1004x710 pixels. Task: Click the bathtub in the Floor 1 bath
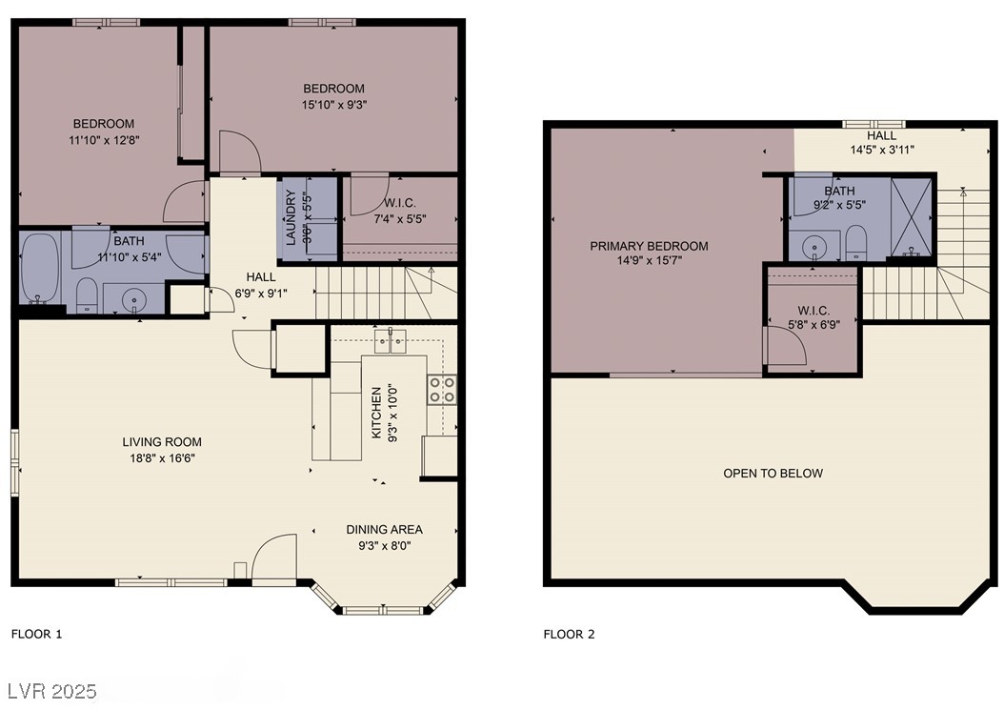(40, 270)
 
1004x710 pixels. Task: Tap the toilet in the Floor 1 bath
(87, 294)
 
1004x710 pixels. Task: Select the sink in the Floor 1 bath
(133, 297)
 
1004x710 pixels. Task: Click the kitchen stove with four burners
(442, 389)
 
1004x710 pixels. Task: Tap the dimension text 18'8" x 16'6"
(162, 458)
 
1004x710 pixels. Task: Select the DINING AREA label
(384, 530)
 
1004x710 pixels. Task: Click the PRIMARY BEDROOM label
(649, 246)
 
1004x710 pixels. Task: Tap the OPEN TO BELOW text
(773, 474)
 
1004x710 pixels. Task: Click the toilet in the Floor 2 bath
(855, 244)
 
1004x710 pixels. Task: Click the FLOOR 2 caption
(569, 634)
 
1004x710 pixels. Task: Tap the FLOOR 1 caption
(36, 634)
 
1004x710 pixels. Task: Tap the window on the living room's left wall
(14, 462)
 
